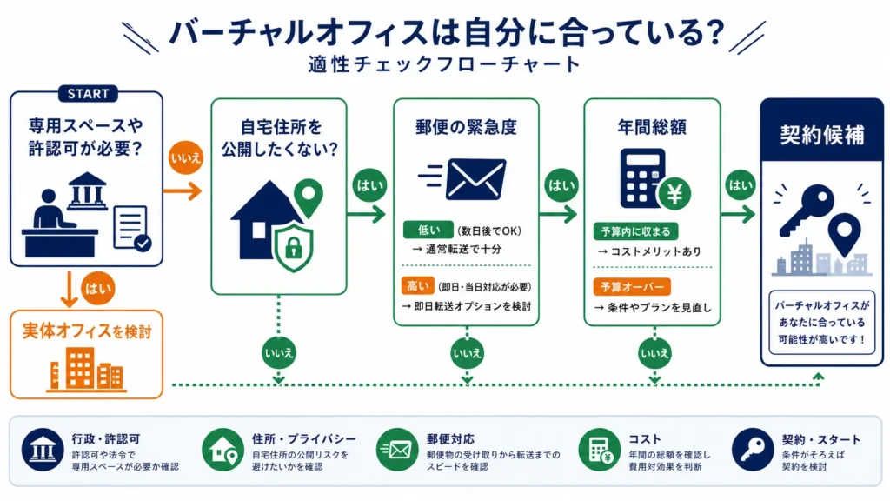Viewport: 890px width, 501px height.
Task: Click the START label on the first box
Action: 88,94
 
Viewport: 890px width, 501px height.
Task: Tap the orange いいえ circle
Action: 186,157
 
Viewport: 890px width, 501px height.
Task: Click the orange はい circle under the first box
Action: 97,289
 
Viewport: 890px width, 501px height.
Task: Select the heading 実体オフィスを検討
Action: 87,331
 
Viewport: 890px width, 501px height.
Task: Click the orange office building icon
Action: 86,369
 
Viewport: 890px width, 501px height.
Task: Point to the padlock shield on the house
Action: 293,246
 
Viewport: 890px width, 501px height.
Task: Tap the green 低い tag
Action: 428,230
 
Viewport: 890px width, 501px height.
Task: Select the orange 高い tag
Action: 417,285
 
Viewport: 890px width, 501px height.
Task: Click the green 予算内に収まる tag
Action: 635,231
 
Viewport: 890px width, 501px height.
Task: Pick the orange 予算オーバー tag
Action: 632,287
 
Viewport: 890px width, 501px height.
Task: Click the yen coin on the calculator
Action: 674,194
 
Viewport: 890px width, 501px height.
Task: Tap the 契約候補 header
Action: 822,135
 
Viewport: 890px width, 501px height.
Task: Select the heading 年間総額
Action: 652,127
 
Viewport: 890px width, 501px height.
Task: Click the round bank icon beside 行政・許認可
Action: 43,450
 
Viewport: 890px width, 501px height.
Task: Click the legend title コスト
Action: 644,439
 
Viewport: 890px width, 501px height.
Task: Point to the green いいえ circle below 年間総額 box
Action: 654,353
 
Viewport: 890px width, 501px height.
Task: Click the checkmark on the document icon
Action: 143,244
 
